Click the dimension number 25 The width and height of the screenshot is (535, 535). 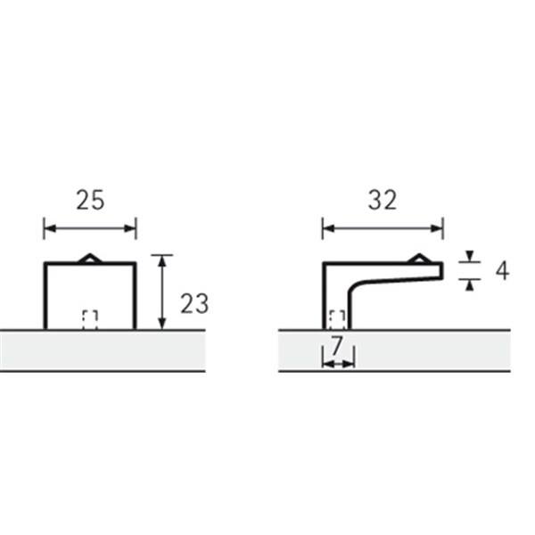tap(90, 201)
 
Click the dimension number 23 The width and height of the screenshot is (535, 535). tap(194, 304)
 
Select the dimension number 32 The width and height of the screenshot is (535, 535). tap(383, 200)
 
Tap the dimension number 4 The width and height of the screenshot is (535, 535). tap(502, 272)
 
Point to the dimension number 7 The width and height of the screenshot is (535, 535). tap(337, 346)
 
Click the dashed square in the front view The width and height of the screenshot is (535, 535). tap(90, 320)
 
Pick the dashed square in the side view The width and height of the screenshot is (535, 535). tap(337, 320)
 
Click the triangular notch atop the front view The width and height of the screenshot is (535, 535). tap(90, 259)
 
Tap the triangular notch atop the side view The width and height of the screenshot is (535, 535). tap(419, 259)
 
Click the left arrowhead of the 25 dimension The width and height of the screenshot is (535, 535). tap(50, 228)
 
